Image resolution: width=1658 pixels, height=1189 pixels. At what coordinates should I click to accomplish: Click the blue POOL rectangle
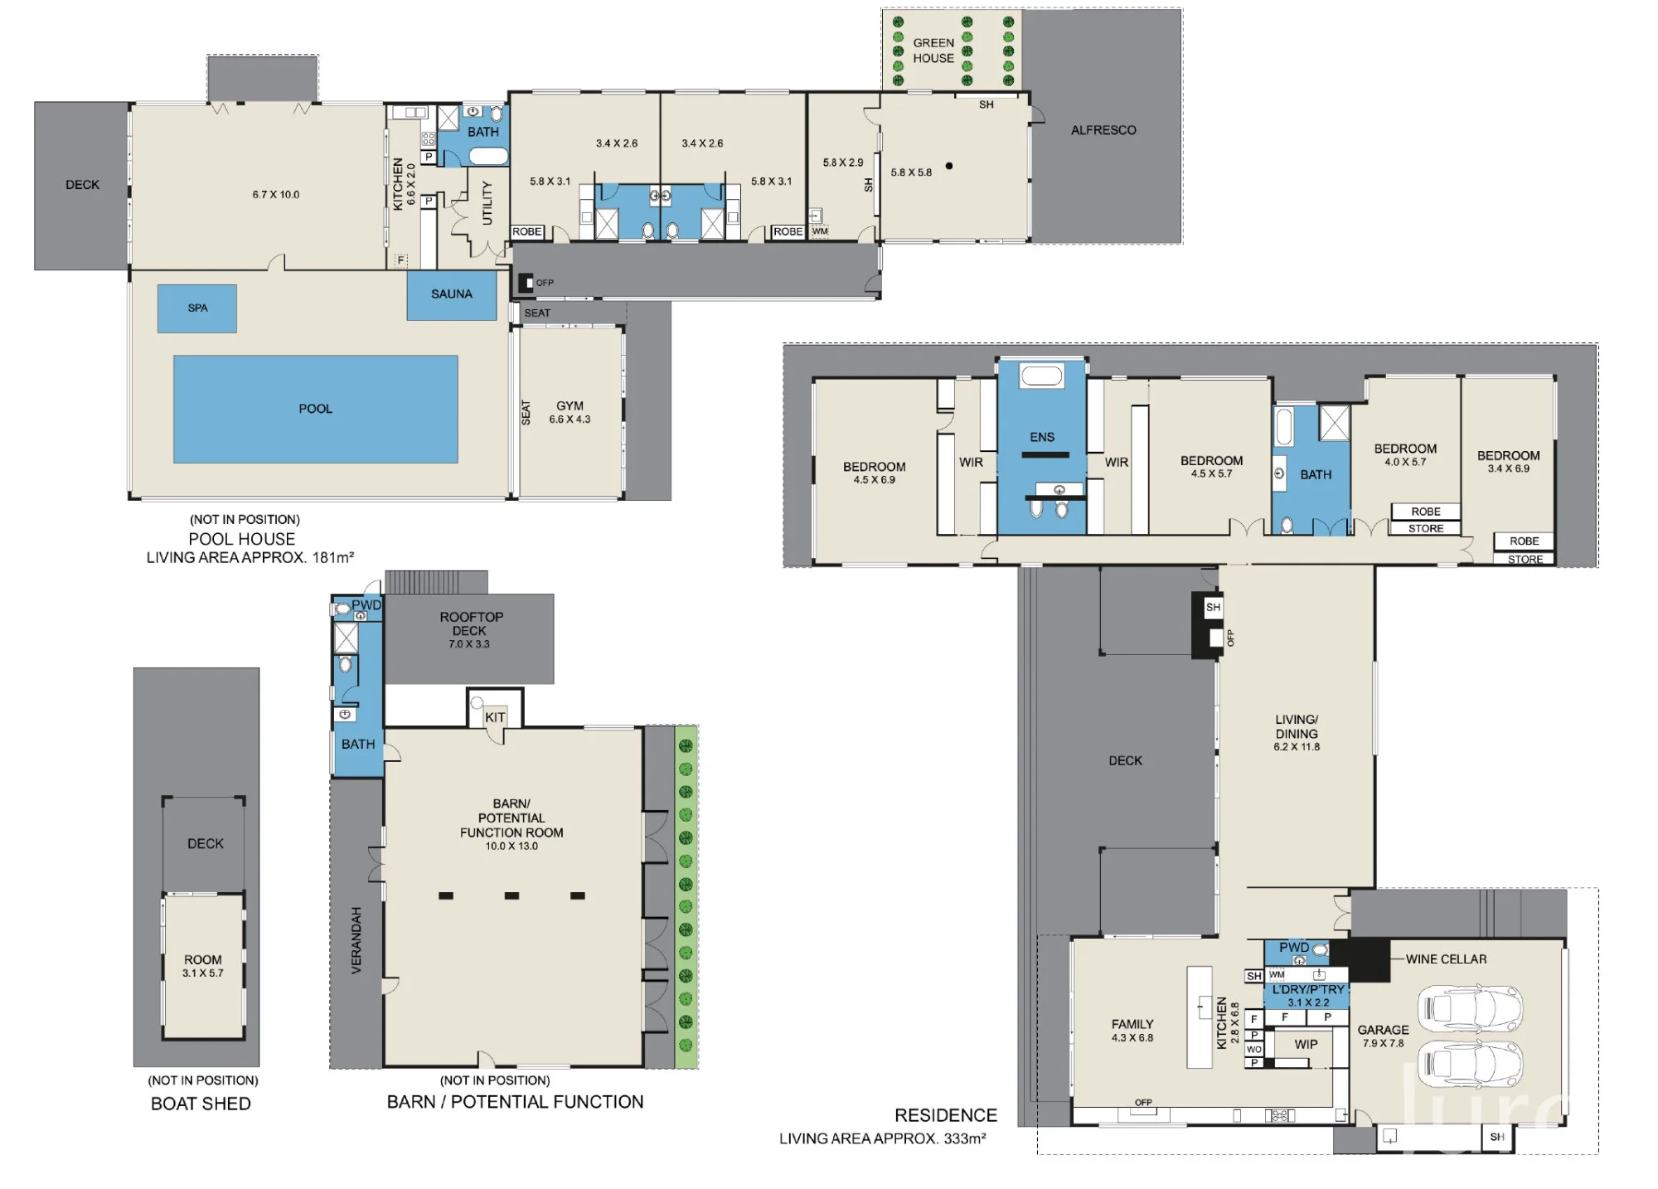(315, 409)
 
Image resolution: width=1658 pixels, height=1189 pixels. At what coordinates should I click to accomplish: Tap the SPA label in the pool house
(197, 308)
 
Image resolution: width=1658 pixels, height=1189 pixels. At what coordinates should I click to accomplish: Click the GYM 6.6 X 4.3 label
(570, 412)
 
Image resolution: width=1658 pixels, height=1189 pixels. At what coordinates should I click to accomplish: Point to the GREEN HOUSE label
(933, 51)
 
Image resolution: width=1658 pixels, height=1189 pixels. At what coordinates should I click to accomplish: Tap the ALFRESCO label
(1103, 130)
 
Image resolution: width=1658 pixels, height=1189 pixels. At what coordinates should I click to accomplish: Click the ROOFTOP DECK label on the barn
(470, 629)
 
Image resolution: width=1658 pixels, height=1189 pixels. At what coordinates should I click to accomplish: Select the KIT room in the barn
(495, 709)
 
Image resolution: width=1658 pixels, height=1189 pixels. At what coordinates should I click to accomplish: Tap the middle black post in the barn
(511, 895)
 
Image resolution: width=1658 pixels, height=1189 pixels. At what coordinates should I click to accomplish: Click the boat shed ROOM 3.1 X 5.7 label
(203, 966)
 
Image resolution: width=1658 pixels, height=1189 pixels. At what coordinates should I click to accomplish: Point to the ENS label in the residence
(1042, 437)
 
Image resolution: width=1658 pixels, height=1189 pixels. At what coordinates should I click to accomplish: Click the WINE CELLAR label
(1446, 959)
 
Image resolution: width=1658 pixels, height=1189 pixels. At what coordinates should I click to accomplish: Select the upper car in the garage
(1471, 1007)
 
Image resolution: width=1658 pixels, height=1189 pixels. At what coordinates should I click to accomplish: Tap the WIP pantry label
(1306, 1045)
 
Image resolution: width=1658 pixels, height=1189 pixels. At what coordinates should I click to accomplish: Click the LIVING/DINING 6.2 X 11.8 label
(1297, 733)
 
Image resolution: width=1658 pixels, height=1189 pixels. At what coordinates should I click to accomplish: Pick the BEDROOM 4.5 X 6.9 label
(875, 473)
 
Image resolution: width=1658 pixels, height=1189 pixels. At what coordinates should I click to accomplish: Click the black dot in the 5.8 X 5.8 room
(949, 166)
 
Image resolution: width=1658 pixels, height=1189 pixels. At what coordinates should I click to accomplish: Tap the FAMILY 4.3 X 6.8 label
(1132, 1031)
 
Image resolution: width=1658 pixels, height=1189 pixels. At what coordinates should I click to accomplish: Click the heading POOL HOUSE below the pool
(242, 539)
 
